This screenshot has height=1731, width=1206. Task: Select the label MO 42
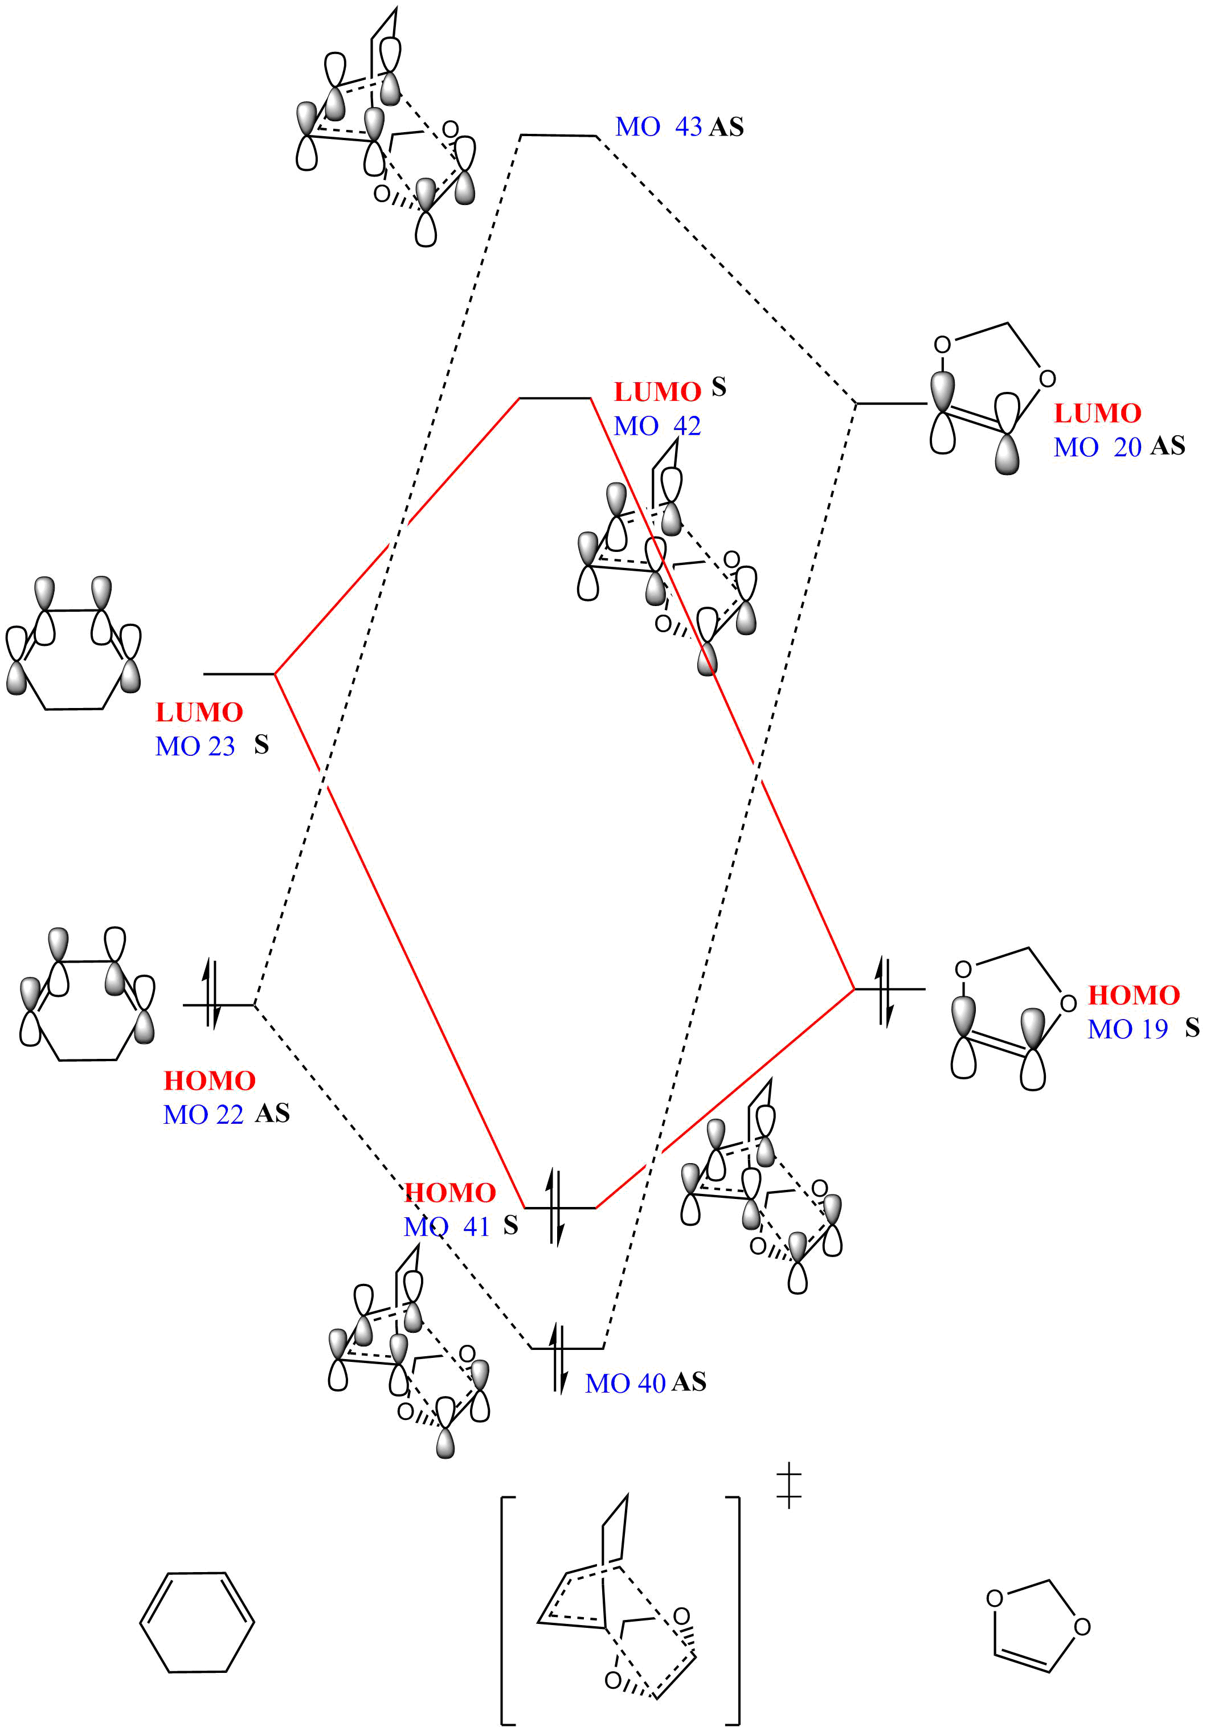657,426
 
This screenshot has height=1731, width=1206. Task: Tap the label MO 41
447,1227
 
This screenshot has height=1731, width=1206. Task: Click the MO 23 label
195,746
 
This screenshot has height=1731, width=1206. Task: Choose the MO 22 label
203,1114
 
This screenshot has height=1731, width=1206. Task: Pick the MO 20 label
1097,447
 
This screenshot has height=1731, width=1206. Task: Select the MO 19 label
1127,1028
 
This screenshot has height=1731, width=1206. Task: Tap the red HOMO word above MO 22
210,1081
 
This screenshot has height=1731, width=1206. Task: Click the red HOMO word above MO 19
1134,995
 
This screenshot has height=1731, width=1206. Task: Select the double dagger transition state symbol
789,1486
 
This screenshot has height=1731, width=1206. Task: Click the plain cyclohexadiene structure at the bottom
197,1622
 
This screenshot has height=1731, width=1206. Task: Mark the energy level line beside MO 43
558,136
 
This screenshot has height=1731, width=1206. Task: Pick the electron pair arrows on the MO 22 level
212,1004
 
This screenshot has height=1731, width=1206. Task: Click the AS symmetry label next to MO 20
1167,447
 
